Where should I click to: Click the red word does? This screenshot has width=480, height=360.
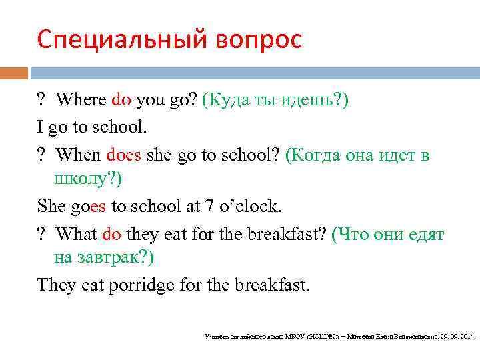coord(123,155)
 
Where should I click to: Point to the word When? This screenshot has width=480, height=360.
coord(78,155)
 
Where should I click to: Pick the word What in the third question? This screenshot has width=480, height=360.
coord(77,234)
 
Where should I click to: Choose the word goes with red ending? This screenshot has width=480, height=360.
coord(88,207)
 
